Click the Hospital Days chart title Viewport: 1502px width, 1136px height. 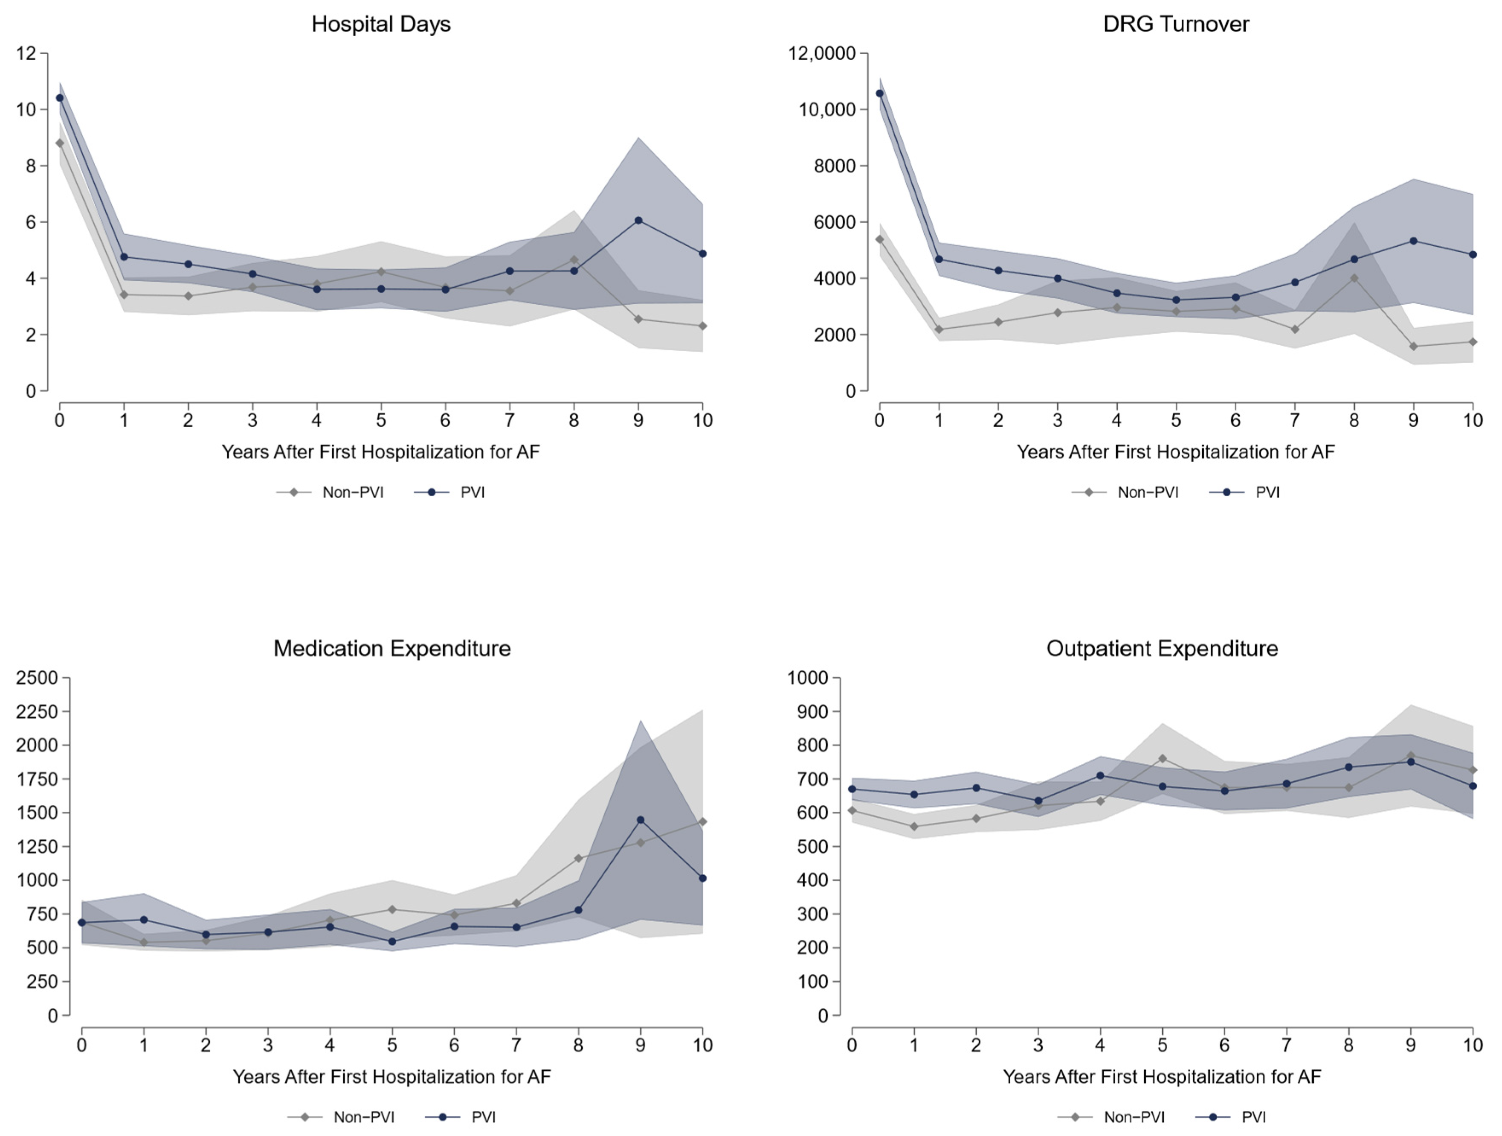click(381, 24)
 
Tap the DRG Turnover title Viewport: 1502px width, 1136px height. click(1176, 24)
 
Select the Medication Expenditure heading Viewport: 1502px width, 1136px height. click(392, 648)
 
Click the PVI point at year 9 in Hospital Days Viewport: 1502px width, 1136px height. click(638, 220)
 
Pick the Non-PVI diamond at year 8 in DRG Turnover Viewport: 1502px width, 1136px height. click(1354, 278)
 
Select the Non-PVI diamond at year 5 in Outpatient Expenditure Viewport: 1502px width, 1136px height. click(1163, 758)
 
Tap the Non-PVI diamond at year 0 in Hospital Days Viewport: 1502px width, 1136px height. click(60, 143)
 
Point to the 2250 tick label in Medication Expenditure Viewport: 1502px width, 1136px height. click(38, 711)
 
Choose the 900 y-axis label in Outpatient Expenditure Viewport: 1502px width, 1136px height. click(813, 711)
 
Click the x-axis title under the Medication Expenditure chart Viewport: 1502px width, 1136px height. click(392, 1077)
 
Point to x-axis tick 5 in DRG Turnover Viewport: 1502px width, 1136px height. click(1176, 421)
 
